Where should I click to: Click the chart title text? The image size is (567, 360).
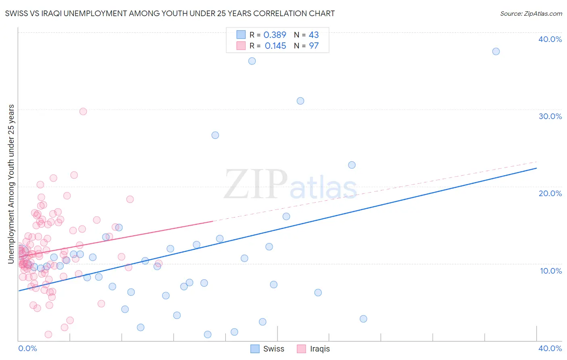(170, 14)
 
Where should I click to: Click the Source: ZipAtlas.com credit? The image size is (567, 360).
(531, 14)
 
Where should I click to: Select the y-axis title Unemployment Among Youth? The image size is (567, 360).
(11, 184)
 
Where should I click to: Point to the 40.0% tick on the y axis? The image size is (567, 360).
(550, 39)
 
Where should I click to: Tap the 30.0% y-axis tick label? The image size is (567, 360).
(550, 116)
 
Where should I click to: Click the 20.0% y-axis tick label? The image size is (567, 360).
(550, 193)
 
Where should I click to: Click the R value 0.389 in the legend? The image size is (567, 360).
(275, 35)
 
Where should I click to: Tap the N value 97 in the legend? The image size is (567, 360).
(314, 46)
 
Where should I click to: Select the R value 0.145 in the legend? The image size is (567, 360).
(275, 46)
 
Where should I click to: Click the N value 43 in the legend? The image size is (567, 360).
(314, 35)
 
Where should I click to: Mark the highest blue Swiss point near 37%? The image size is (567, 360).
(496, 51)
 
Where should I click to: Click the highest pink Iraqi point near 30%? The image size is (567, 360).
(83, 111)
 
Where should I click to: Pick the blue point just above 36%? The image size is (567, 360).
(252, 61)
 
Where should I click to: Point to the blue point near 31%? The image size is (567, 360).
(300, 101)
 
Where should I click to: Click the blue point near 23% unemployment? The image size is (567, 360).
(352, 165)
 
